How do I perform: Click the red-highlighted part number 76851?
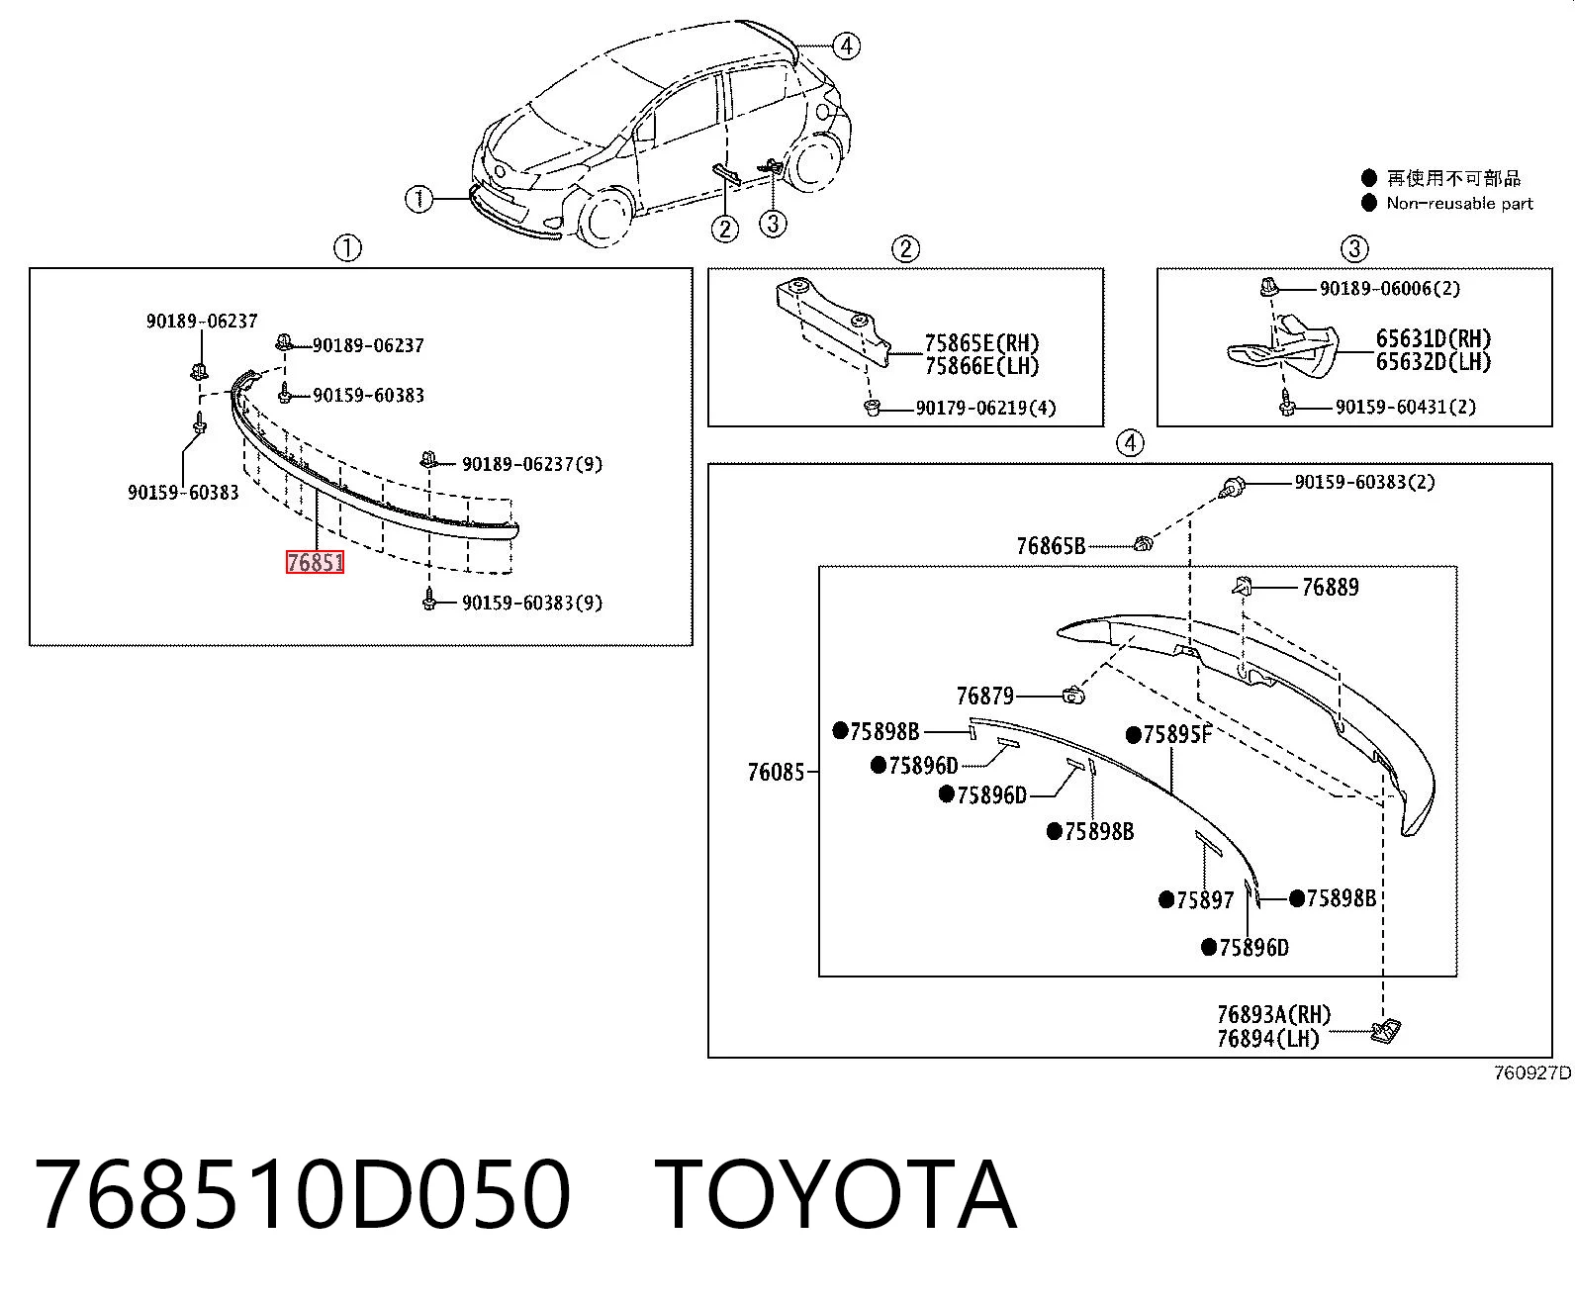click(316, 562)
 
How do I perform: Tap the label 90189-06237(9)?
click(532, 463)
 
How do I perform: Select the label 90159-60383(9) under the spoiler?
click(532, 603)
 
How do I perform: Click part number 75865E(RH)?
click(982, 343)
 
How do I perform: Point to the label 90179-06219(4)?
click(986, 408)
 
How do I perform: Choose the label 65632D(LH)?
click(1434, 362)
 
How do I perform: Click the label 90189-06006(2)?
click(1390, 288)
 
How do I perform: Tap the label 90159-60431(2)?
click(1406, 407)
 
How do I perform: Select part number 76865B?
click(1051, 545)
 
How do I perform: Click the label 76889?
click(1331, 587)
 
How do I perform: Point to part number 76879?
click(985, 696)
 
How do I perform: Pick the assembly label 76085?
click(777, 772)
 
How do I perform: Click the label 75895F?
click(1176, 735)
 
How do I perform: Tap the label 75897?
click(1205, 899)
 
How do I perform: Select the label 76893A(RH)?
click(1274, 1013)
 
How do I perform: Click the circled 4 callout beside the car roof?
click(846, 47)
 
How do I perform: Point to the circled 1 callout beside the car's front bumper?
click(419, 199)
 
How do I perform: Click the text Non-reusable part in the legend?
click(1459, 203)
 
